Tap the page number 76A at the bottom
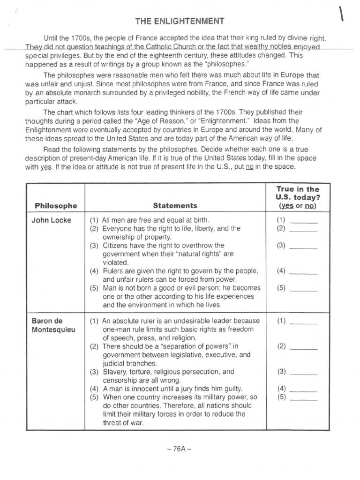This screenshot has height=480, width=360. click(179, 448)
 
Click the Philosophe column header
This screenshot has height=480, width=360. click(56, 205)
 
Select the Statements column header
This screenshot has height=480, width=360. click(175, 205)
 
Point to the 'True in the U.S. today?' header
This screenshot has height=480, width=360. click(297, 197)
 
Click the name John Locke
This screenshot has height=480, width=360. click(52, 220)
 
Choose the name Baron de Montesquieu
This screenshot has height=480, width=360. click(53, 325)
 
